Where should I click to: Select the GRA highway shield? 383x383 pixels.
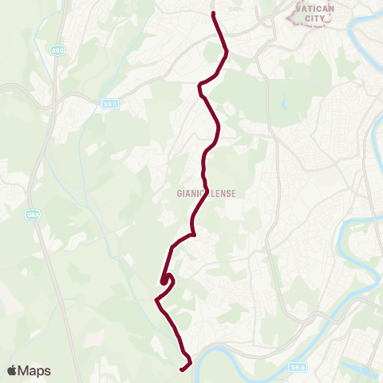[x=33, y=215]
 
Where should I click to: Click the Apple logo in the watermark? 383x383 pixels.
[x=12, y=370]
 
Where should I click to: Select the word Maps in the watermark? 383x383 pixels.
[x=34, y=370]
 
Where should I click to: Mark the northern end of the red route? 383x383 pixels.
[x=214, y=14]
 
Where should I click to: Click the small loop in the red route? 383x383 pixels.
[x=165, y=278]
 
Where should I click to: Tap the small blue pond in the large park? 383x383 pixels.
[x=282, y=105]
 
